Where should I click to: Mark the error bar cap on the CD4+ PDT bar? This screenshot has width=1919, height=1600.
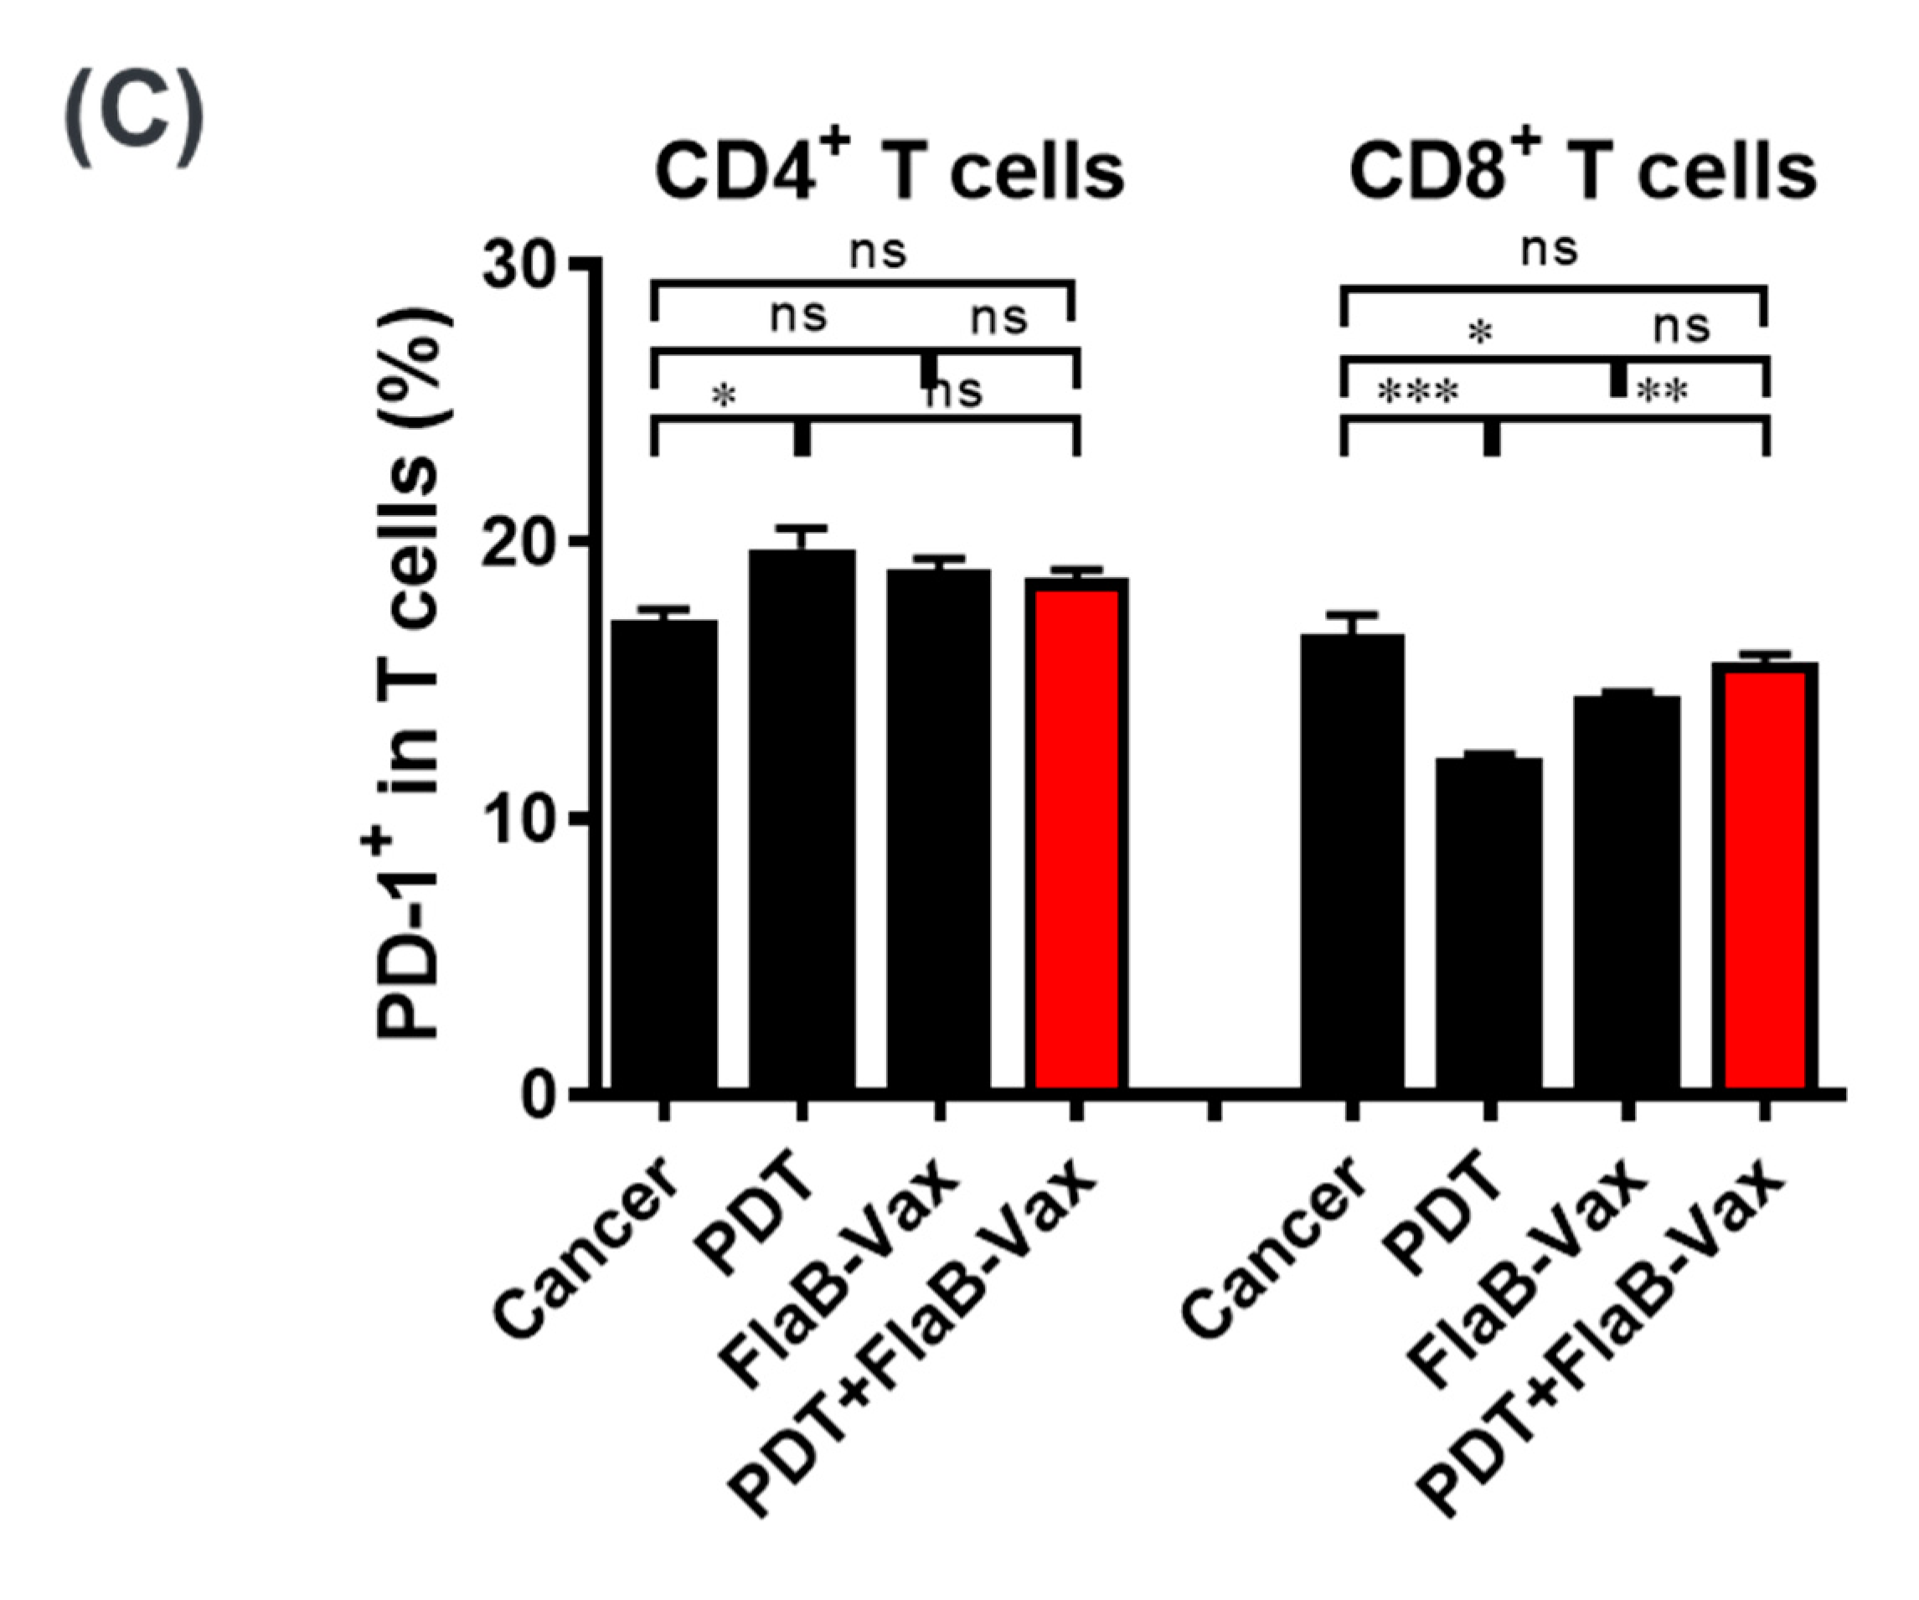pyautogui.click(x=802, y=528)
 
